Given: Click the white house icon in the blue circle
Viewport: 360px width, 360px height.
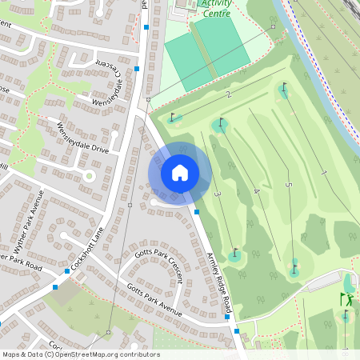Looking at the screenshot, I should coord(179,172).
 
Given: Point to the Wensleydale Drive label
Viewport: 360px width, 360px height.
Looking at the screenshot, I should coord(82,138).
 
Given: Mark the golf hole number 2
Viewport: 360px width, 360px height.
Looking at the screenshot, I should coord(228,95).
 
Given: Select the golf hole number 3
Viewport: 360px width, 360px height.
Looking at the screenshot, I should coord(217,194).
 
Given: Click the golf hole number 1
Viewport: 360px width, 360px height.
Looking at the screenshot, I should coord(323,173).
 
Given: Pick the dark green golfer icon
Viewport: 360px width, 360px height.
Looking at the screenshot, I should coord(346,299).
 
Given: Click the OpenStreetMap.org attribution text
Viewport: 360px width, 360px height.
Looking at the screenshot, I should coord(104,354).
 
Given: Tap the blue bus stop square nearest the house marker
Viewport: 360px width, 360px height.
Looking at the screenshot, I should coord(198,212).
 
